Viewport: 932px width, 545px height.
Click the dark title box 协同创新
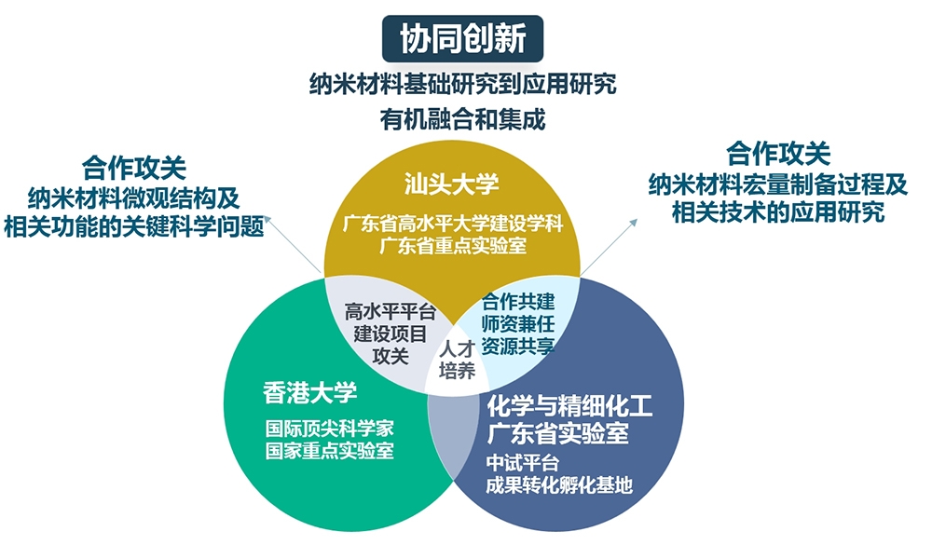tap(462, 38)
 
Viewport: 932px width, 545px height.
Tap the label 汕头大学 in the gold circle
tap(452, 184)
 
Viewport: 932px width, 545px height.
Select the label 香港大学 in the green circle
tap(309, 393)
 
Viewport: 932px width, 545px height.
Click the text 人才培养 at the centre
tap(457, 360)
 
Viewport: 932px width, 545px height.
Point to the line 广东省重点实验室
tap(453, 245)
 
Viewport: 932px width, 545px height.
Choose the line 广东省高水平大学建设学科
tap(453, 224)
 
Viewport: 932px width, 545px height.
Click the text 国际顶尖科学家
tap(329, 428)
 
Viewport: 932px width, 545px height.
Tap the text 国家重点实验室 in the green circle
tap(329, 450)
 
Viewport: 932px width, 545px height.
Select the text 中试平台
tap(523, 462)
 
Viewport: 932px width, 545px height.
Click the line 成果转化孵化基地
tap(558, 485)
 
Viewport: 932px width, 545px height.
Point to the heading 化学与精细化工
tap(569, 407)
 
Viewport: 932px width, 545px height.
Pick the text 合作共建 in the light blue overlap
tap(518, 302)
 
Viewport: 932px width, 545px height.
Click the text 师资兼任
tap(518, 324)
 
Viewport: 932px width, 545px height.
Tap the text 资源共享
tap(518, 346)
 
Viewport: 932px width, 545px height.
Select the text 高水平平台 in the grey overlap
tap(391, 311)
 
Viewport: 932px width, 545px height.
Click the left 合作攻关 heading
tap(134, 168)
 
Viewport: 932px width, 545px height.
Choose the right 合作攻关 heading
tap(778, 154)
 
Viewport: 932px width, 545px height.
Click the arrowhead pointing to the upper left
tap(267, 220)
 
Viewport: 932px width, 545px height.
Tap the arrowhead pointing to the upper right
tap(634, 223)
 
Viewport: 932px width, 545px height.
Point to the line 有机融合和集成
tap(462, 119)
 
